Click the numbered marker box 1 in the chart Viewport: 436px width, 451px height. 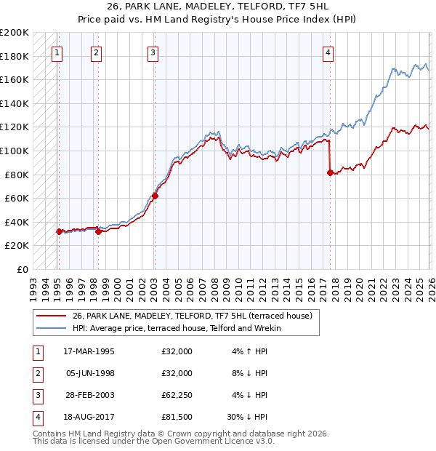pos(57,52)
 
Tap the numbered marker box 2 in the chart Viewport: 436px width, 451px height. pos(96,52)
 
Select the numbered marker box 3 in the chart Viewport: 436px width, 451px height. pos(153,52)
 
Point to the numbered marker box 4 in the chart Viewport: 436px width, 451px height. pos(328,52)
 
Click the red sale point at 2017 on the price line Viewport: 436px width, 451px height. pos(331,172)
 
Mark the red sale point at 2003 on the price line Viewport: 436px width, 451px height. pos(155,196)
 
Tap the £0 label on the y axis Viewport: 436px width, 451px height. pos(21,269)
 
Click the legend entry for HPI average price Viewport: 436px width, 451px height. pos(176,328)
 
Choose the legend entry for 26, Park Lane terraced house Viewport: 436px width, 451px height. pos(192,316)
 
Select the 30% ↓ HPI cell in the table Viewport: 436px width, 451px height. pos(247,417)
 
